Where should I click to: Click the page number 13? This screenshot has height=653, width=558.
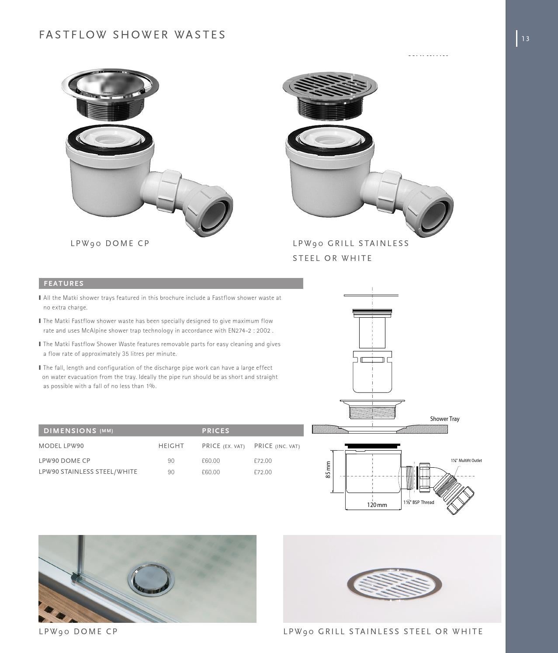[525, 39]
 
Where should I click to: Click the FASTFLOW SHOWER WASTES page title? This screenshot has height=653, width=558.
[132, 35]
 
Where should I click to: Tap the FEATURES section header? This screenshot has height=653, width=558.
[64, 284]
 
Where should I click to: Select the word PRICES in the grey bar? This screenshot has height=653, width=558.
[216, 431]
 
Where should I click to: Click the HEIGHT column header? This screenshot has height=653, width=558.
[171, 446]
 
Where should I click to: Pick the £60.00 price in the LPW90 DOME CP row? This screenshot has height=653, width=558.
[211, 461]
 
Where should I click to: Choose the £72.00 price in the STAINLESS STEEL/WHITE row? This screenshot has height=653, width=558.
[263, 472]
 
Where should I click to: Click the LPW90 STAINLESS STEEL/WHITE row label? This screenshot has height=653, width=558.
[88, 472]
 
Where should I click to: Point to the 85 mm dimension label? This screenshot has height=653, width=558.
[328, 470]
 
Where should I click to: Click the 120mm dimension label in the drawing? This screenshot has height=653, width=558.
[377, 505]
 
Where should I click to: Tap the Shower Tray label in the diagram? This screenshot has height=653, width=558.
[444, 419]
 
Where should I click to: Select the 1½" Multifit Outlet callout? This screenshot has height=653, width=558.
[466, 461]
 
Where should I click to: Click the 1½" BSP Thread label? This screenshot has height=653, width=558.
[419, 503]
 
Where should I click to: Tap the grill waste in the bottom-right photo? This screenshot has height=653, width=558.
[394, 584]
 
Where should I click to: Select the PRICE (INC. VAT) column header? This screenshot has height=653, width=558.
[277, 446]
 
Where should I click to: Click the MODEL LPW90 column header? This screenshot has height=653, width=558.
[61, 446]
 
